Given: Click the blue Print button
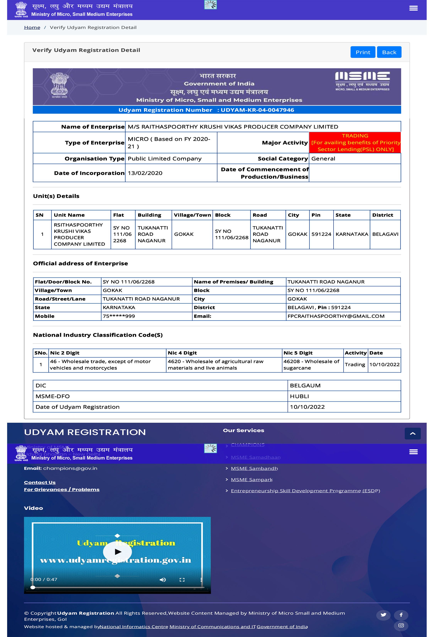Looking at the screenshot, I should (362, 52).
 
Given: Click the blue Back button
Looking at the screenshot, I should (389, 52).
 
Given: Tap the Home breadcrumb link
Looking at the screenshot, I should (32, 27).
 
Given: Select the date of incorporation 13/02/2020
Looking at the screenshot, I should (145, 173).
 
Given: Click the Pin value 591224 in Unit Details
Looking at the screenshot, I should (321, 234).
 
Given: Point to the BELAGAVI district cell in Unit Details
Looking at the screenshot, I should (385, 234).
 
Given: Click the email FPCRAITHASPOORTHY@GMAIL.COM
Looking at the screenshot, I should (336, 316).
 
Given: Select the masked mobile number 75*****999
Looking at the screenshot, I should (119, 316).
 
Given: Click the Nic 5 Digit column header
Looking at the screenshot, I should (298, 353).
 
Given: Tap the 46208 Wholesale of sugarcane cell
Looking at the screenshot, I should (312, 365).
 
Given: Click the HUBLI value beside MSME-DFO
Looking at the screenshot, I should (299, 396).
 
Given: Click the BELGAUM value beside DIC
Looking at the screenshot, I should (305, 385).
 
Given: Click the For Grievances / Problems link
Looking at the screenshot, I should (62, 490).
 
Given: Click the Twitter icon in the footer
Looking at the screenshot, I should (383, 615).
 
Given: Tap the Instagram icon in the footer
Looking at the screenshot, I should (401, 625).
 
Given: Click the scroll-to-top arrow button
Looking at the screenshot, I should (412, 433).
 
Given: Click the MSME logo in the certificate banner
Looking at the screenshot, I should (362, 81).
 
